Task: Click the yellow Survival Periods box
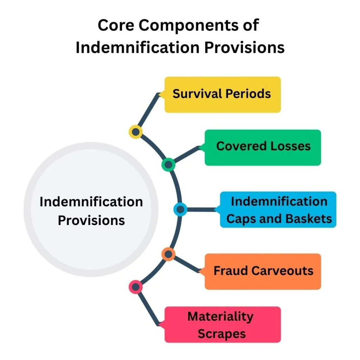click(x=223, y=95)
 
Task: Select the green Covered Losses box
click(x=263, y=147)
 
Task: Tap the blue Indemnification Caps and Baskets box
click(x=278, y=210)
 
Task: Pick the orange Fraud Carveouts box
click(x=263, y=271)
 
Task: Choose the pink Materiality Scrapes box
click(x=223, y=324)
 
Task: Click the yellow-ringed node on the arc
click(x=136, y=132)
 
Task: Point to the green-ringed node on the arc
click(x=168, y=164)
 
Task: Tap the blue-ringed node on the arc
click(x=180, y=210)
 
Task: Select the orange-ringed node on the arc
click(x=168, y=254)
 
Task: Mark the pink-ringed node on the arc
click(x=136, y=287)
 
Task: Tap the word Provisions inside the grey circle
click(x=91, y=220)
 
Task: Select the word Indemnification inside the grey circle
click(x=91, y=202)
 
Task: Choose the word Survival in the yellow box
click(x=197, y=94)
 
